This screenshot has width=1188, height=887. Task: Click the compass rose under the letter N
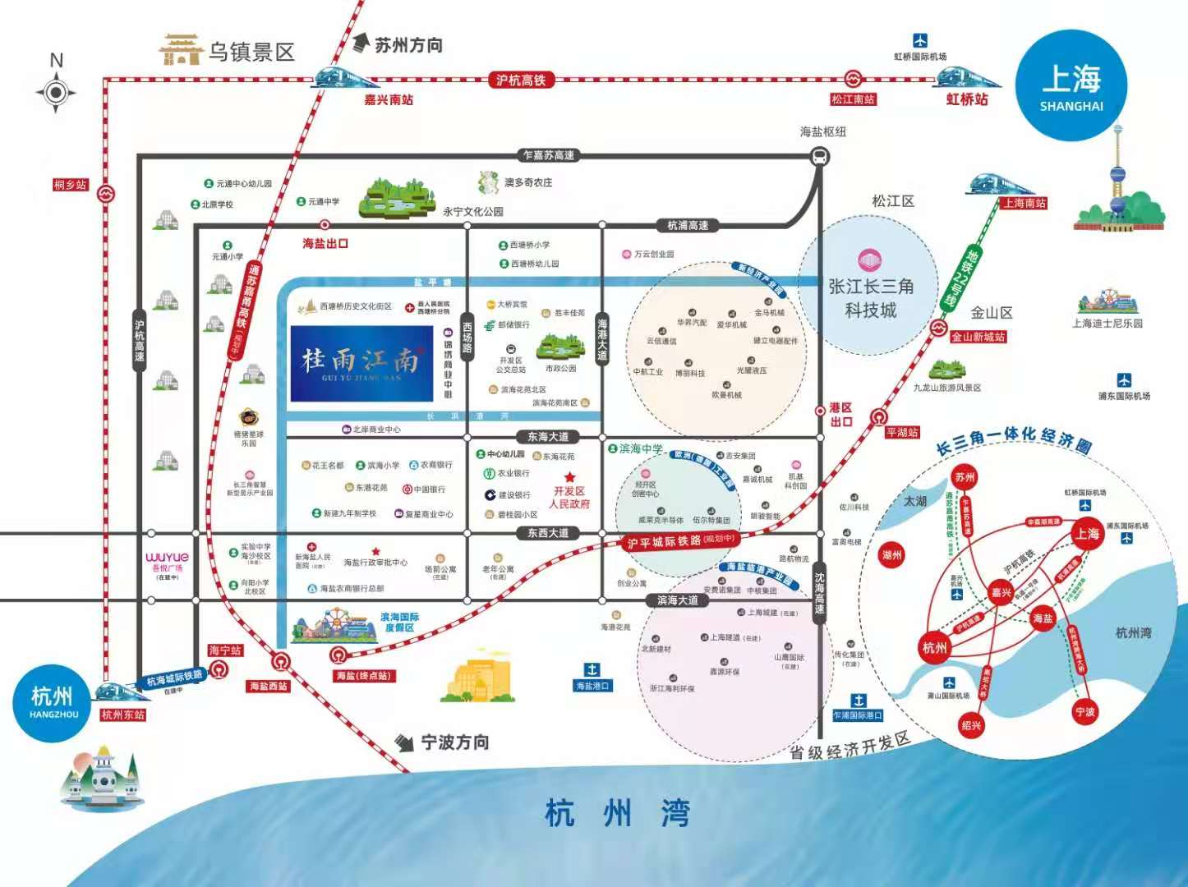tap(56, 92)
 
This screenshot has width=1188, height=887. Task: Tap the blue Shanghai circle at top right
tap(1071, 86)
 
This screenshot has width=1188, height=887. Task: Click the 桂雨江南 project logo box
tap(361, 363)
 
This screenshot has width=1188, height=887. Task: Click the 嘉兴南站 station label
tap(389, 100)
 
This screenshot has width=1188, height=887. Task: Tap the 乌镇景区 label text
tap(251, 53)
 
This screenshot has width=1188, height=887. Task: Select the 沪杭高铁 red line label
tap(521, 80)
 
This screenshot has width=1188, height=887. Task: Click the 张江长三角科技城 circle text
tap(871, 297)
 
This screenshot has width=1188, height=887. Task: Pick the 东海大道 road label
tap(548, 437)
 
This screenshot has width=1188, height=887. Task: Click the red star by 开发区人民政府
tap(569, 477)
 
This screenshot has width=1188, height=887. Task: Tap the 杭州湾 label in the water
tap(618, 813)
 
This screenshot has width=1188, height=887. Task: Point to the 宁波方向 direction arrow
tap(404, 742)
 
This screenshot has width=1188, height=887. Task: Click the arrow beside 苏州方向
tap(361, 44)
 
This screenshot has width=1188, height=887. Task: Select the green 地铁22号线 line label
tap(956, 277)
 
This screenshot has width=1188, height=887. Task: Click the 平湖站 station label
tap(901, 433)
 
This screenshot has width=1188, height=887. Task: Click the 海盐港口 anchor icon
tap(592, 669)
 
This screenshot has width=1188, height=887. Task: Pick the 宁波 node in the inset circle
tap(1084, 711)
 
